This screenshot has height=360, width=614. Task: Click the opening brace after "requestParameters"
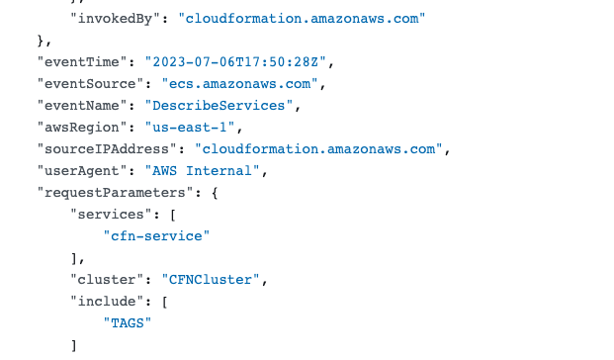pos(215,193)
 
